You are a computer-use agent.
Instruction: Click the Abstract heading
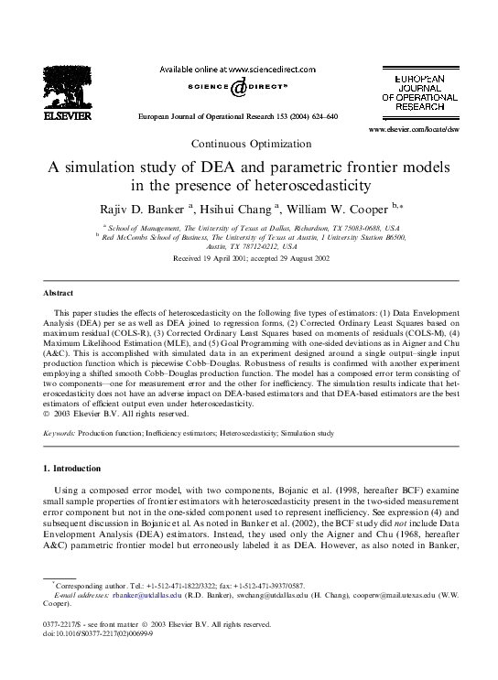coord(59,293)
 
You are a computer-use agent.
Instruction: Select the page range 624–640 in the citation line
coord(320,118)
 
